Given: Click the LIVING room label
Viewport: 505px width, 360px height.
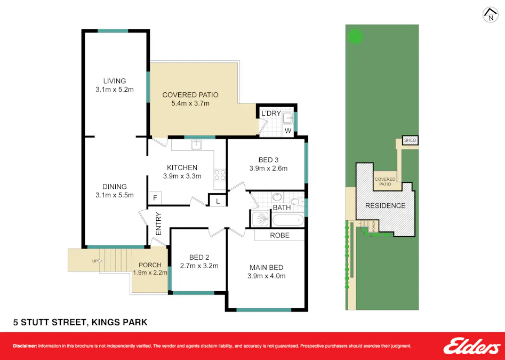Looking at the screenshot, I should (114, 81).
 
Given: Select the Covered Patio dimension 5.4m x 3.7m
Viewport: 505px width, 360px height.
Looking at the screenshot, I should (190, 103).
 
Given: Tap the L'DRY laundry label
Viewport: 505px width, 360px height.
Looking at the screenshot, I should (270, 114).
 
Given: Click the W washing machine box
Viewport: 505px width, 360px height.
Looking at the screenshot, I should (288, 130).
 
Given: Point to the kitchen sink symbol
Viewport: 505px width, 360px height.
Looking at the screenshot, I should (196, 144).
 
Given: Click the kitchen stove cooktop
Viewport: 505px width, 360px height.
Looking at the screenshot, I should (219, 175).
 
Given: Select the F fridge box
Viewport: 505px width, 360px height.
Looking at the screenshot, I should (155, 198).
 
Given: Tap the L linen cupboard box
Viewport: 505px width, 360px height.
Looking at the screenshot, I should (218, 201).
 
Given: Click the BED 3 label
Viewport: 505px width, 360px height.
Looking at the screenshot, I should (268, 159).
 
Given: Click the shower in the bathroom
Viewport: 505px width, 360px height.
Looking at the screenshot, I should (260, 219).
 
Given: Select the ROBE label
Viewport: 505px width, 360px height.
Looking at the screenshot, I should (279, 235).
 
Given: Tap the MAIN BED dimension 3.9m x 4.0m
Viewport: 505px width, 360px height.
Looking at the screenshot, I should (267, 276).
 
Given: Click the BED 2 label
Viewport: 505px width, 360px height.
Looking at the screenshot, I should (193, 257).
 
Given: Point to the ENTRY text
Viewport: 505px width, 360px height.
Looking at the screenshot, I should (159, 224).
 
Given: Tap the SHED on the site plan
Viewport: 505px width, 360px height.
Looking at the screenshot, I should (410, 141).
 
